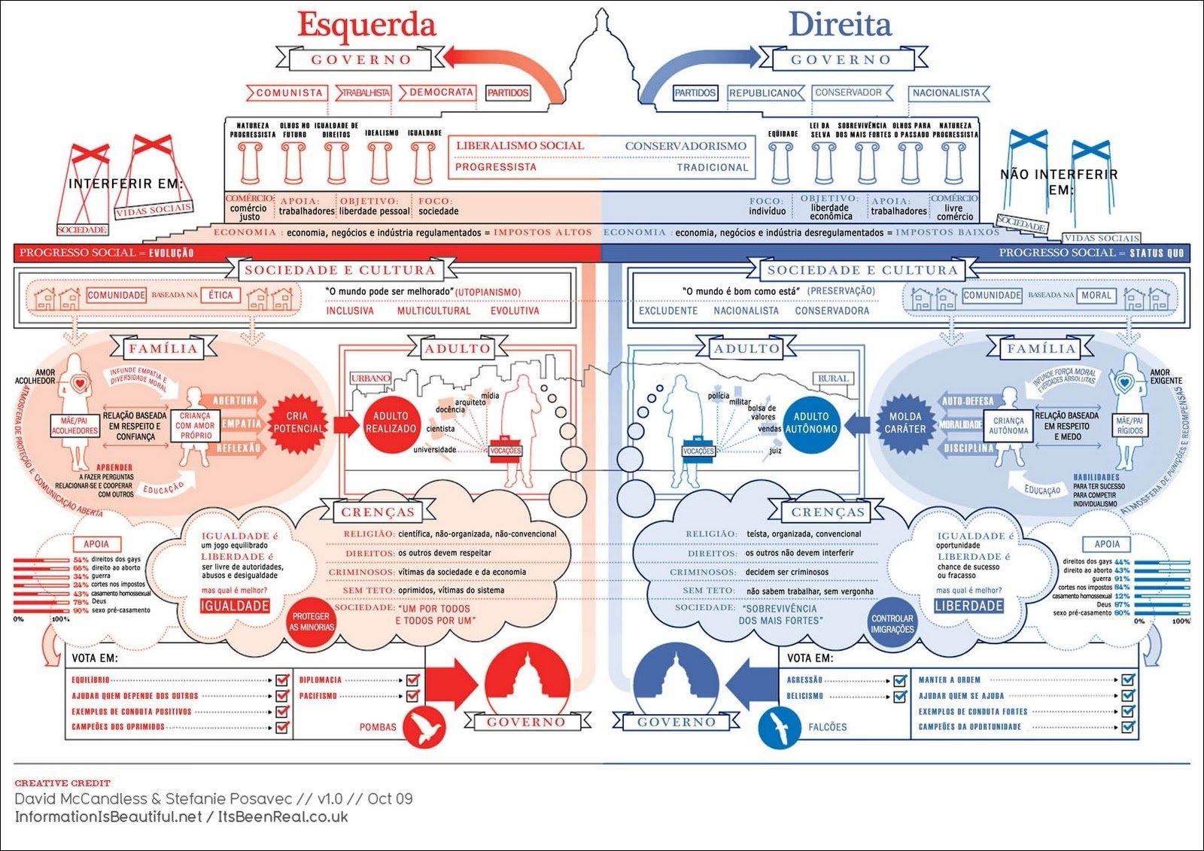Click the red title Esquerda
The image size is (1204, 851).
[366, 24]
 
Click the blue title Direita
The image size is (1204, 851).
[840, 24]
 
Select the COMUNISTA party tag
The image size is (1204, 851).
[288, 93]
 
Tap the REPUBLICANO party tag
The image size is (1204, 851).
[763, 93]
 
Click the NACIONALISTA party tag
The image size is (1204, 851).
[947, 93]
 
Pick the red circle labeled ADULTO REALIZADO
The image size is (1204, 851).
[391, 422]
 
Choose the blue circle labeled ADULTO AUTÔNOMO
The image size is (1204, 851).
[811, 422]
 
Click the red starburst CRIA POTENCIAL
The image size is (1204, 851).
[297, 422]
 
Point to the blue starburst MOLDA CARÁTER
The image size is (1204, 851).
[905, 422]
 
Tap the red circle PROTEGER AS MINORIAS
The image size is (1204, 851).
[312, 622]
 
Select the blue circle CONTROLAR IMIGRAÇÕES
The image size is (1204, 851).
[892, 624]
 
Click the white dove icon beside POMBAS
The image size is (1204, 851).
[424, 728]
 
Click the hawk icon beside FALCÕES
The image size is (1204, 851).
[778, 728]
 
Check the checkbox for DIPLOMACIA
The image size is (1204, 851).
[412, 679]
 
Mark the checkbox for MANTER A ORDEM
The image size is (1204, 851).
[1127, 679]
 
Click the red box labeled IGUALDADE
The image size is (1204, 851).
[235, 606]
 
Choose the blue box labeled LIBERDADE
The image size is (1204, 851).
[968, 606]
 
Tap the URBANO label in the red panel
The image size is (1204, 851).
[370, 378]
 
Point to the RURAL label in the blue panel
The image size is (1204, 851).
[833, 378]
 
